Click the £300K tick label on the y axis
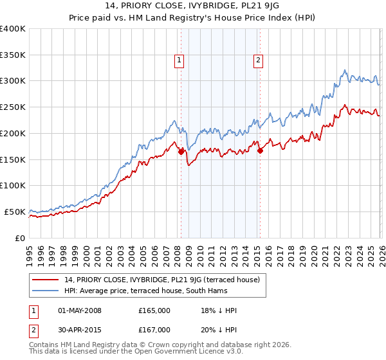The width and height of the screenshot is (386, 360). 13,81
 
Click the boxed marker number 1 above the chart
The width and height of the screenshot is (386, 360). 178,61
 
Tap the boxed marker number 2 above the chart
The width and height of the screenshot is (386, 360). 258,61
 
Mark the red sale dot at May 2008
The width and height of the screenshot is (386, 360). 181,152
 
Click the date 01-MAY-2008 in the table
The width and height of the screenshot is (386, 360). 80,310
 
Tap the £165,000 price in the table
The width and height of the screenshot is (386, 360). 154,310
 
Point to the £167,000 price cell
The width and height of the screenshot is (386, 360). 154,330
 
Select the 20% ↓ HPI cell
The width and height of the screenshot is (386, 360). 219,330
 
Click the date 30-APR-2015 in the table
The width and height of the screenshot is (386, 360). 80,330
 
